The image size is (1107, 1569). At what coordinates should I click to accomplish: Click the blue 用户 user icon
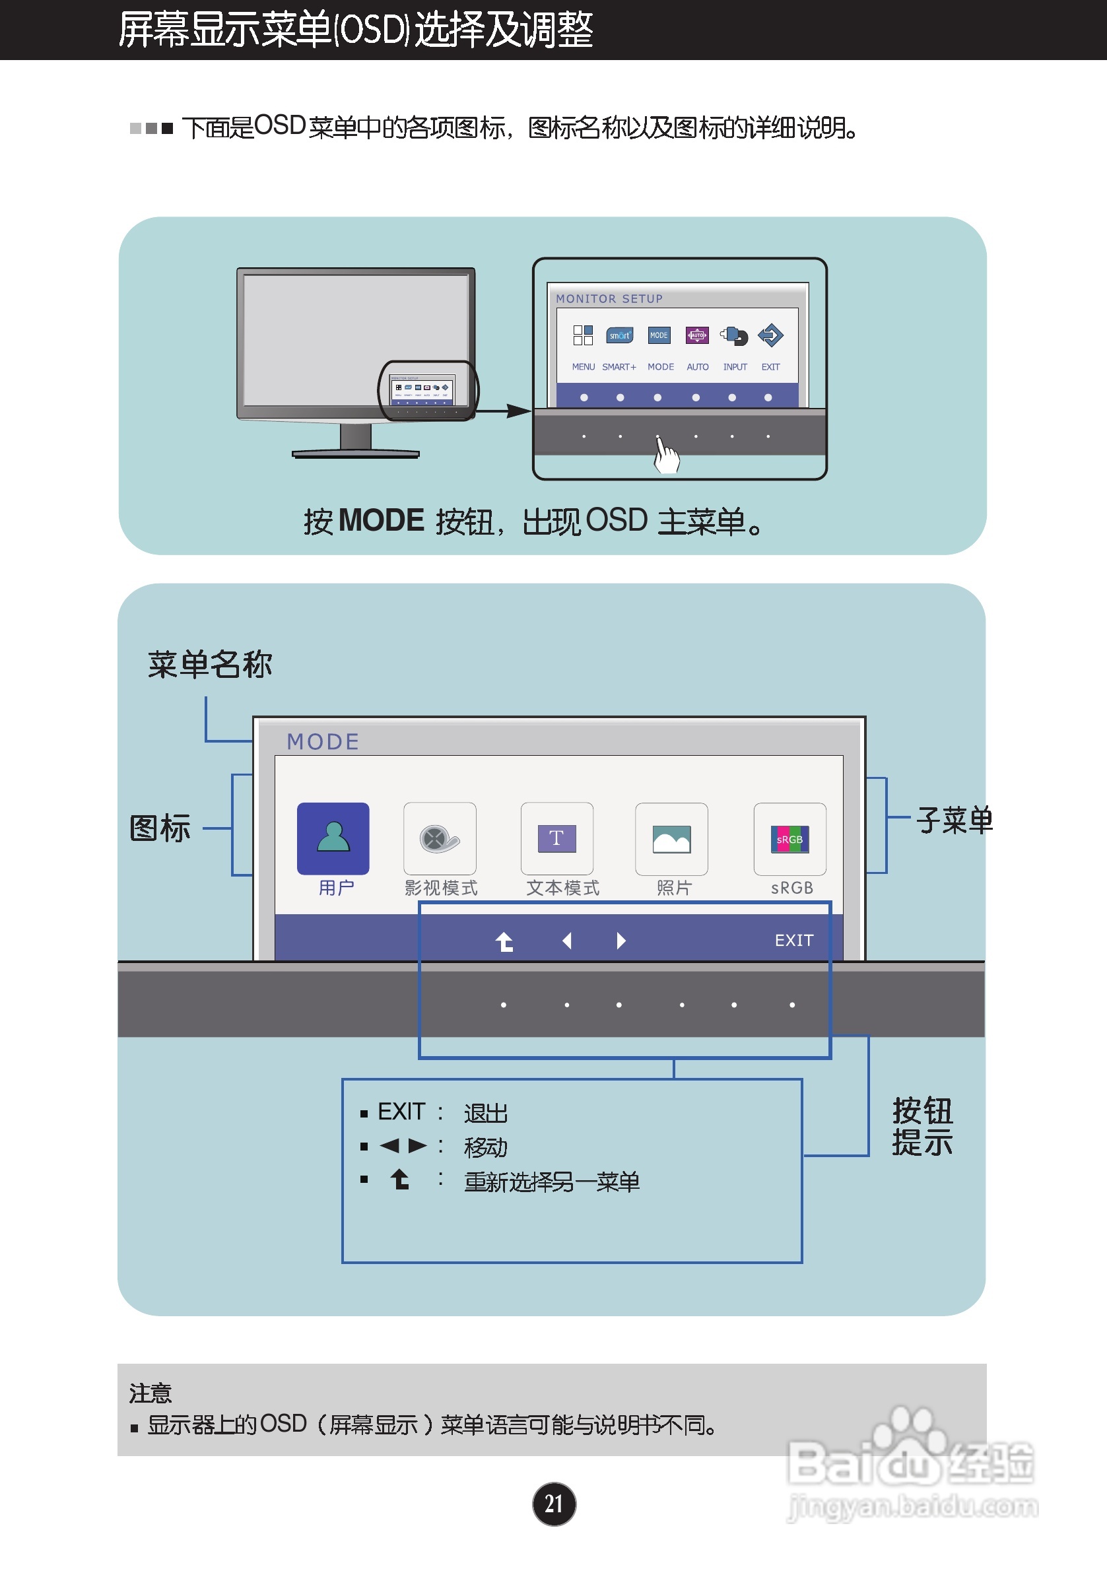tap(333, 838)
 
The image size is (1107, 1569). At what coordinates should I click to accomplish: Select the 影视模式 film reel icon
tap(440, 838)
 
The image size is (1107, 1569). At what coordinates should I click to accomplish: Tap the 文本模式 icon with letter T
tap(556, 838)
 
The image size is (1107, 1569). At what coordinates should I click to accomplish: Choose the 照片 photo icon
tap(671, 838)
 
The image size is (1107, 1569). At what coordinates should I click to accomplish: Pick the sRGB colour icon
tap(789, 838)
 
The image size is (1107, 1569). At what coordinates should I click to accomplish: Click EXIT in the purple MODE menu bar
tap(793, 941)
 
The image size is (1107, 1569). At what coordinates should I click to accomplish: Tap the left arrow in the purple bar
tap(566, 941)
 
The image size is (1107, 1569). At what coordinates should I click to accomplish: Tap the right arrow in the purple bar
tap(621, 941)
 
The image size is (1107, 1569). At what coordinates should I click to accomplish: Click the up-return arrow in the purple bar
tap(504, 942)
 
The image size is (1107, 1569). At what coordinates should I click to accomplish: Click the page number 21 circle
tap(553, 1504)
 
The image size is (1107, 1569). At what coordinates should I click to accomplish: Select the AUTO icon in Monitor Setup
tap(697, 335)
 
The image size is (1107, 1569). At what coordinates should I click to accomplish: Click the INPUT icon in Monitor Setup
tap(735, 335)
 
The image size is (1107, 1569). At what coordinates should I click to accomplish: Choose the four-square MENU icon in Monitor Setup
tap(583, 335)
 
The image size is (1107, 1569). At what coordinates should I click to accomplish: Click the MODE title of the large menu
tap(323, 741)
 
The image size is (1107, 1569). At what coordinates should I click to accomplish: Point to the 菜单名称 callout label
tap(210, 664)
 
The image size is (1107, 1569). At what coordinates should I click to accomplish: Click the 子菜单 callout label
tap(954, 820)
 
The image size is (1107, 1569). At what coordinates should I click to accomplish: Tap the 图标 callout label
tap(160, 828)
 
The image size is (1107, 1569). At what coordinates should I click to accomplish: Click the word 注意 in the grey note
tap(151, 1392)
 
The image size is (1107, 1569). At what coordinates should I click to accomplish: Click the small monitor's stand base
tap(355, 453)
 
